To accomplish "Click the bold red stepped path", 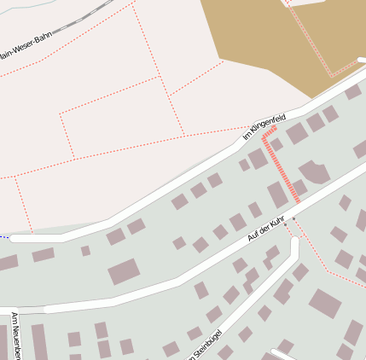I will tap(282, 166).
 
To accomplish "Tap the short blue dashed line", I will tap(4, 236).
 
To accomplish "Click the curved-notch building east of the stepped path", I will tap(314, 171).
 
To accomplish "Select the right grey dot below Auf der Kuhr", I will tap(294, 219).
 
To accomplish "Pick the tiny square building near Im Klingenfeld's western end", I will tap(85, 251).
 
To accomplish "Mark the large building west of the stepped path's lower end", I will tap(277, 195).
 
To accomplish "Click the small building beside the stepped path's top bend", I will tap(276, 144).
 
